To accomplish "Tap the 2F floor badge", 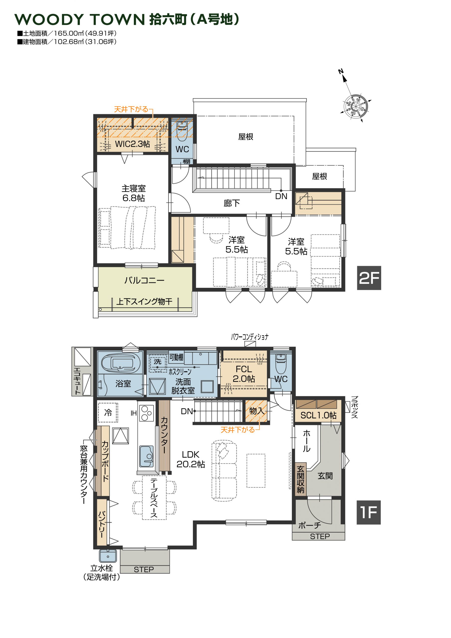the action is point(369,278).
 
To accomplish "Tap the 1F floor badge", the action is point(369,512).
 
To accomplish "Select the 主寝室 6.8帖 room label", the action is point(133,193).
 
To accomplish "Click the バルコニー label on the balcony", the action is point(144,280).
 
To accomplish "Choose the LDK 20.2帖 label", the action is point(191,459).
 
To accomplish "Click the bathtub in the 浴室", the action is point(120,363).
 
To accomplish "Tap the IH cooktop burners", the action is point(147,413).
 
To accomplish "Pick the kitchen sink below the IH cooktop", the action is point(146,456).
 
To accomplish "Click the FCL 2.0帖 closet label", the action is point(244,374).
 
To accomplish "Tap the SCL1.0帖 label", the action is point(318,415).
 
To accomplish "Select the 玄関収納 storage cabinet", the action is point(301,479).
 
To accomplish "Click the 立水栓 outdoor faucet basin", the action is point(108,556).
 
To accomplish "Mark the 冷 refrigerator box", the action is point(108,413).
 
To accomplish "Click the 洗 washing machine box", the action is point(158,362).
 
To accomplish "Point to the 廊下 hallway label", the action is point(232,203).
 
